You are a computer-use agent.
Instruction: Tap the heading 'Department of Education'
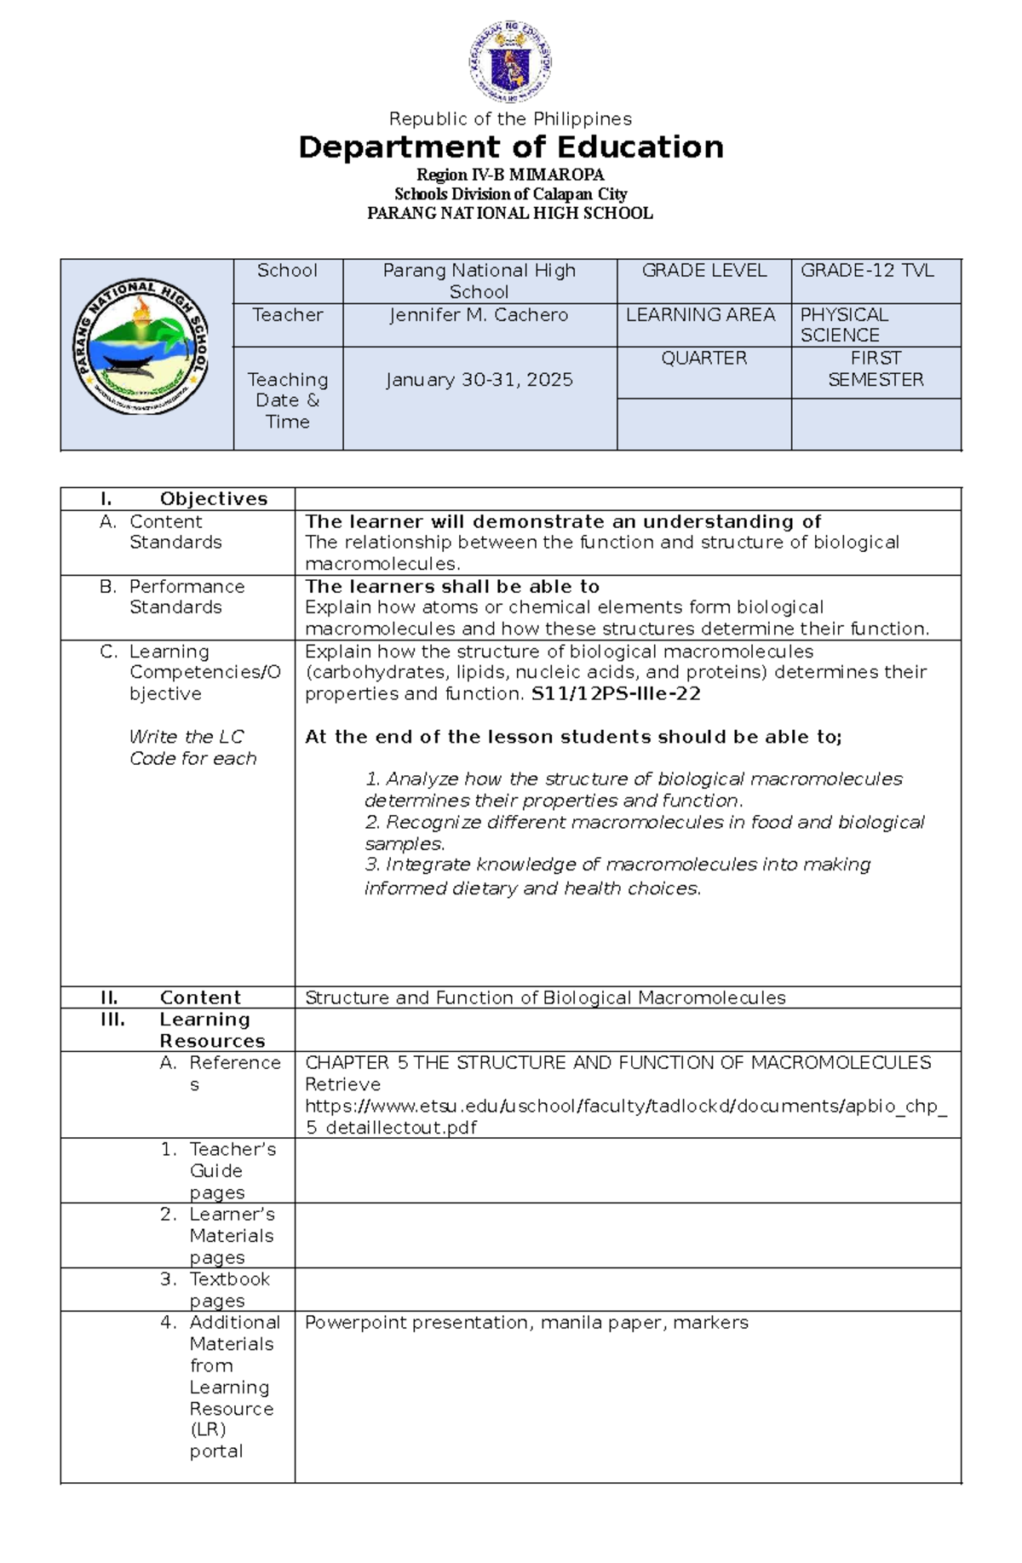(x=511, y=147)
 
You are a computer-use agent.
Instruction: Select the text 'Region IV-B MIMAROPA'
(x=510, y=175)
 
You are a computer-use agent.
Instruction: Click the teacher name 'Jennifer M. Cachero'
(x=479, y=315)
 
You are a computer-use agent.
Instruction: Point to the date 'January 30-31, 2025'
(x=479, y=380)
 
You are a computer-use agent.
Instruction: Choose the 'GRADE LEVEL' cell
(x=703, y=271)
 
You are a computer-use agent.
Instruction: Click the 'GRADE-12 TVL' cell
(x=867, y=271)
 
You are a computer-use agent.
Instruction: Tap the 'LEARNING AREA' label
(x=700, y=315)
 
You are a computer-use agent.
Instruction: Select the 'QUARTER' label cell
(x=703, y=359)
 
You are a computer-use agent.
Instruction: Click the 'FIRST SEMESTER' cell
(x=876, y=369)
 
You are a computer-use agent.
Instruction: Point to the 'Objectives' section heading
(x=213, y=499)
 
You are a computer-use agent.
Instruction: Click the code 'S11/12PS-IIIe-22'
(x=616, y=694)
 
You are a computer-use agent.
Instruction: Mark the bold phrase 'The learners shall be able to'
(x=452, y=587)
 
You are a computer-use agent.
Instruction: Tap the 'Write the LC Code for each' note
(x=192, y=748)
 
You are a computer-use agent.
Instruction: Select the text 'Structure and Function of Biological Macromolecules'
(x=545, y=997)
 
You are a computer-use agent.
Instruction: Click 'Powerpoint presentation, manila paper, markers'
(x=526, y=1323)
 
